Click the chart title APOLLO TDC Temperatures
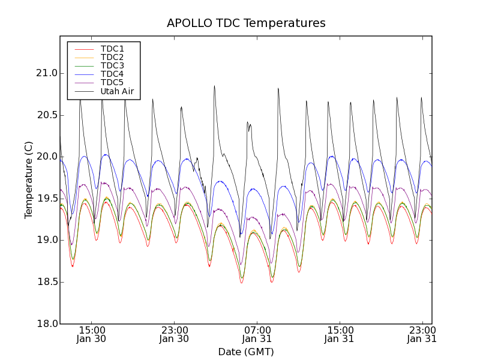click(246, 23)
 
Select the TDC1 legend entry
click(112, 49)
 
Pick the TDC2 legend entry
click(112, 57)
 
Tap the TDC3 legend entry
click(112, 65)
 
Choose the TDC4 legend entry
click(112, 74)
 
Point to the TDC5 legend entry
click(112, 82)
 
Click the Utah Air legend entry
click(116, 91)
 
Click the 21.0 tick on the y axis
click(46, 73)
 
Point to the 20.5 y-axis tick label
click(46, 115)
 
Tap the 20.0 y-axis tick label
click(46, 157)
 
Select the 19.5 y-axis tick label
click(46, 199)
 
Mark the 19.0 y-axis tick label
click(46, 240)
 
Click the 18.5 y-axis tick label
click(46, 282)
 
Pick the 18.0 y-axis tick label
click(46, 323)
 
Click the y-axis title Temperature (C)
click(29, 180)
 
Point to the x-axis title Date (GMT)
click(245, 352)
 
